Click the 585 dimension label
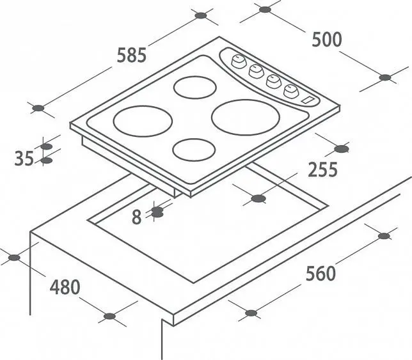[131, 55]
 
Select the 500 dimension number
[327, 40]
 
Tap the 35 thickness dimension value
[24, 159]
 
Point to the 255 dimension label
[322, 169]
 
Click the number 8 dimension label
[137, 217]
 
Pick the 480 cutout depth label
[65, 287]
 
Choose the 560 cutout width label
[321, 273]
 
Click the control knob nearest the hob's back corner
[239, 61]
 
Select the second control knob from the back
[256, 71]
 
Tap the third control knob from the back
[274, 81]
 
